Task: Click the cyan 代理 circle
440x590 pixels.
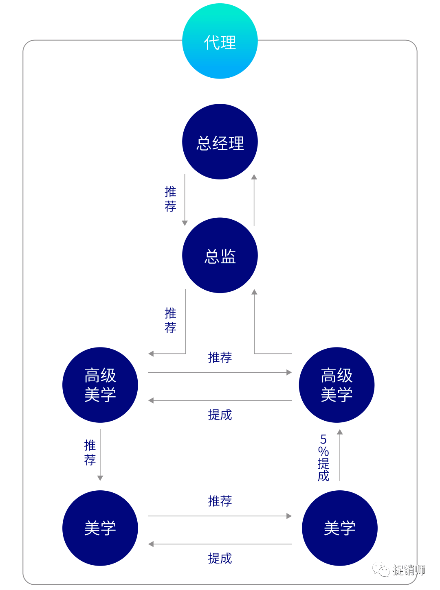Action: (x=220, y=41)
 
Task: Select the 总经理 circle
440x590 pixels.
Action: (x=220, y=142)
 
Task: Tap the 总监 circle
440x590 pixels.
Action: (x=220, y=255)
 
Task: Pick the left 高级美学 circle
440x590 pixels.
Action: (x=100, y=385)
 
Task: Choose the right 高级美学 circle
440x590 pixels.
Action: (x=337, y=385)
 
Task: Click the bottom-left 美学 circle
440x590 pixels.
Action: (x=100, y=528)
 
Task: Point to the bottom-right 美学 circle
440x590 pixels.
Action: (x=340, y=528)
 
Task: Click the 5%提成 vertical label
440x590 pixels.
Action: (x=323, y=458)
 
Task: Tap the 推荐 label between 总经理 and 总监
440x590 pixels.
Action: (x=170, y=199)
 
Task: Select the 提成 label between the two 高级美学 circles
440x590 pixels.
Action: (x=220, y=415)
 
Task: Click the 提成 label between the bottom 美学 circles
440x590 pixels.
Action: (x=220, y=558)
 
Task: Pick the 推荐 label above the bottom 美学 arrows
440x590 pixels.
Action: (x=220, y=501)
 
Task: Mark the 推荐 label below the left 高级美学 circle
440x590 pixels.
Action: (x=90, y=452)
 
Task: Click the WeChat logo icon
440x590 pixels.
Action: (x=381, y=569)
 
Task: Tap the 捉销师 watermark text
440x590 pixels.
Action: (x=409, y=570)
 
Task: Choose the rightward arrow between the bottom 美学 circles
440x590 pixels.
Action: (x=220, y=516)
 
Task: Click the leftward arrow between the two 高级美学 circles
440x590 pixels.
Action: (x=220, y=401)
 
